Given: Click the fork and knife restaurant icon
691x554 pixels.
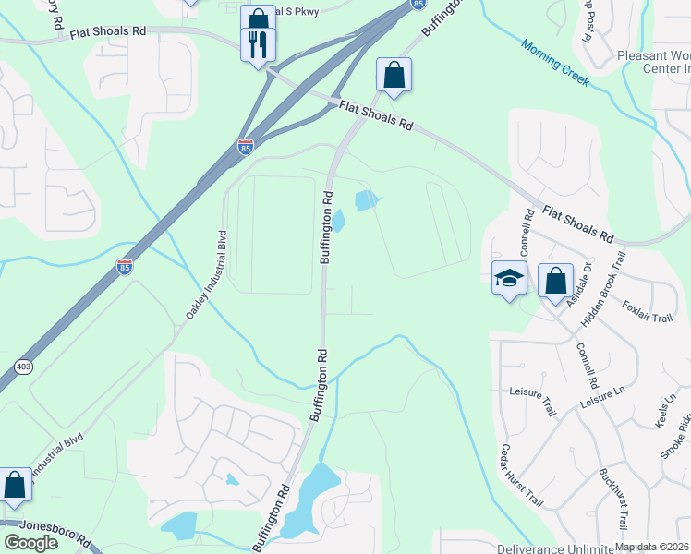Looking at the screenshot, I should (257, 43).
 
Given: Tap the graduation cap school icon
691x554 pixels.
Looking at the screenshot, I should (509, 280).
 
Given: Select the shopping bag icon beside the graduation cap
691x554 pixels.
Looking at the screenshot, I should (555, 282).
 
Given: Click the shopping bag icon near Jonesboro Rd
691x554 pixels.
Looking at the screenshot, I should (16, 485).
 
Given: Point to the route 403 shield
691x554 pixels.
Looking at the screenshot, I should (22, 367).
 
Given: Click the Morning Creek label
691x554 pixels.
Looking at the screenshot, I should (554, 63).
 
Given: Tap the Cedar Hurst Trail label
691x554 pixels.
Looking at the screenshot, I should (521, 476).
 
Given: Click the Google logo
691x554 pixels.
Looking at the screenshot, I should (30, 543).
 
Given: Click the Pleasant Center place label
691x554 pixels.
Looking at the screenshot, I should (655, 61).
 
